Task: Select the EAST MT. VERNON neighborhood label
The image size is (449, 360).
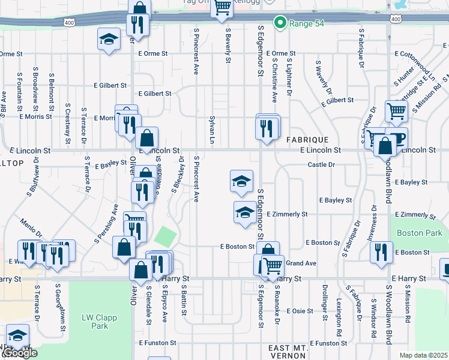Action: tap(288, 352)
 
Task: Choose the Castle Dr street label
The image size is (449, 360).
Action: tap(321, 164)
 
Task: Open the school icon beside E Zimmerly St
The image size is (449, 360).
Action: tap(244, 212)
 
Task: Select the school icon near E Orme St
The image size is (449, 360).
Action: tap(108, 40)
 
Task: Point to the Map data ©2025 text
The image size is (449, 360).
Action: tap(423, 355)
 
